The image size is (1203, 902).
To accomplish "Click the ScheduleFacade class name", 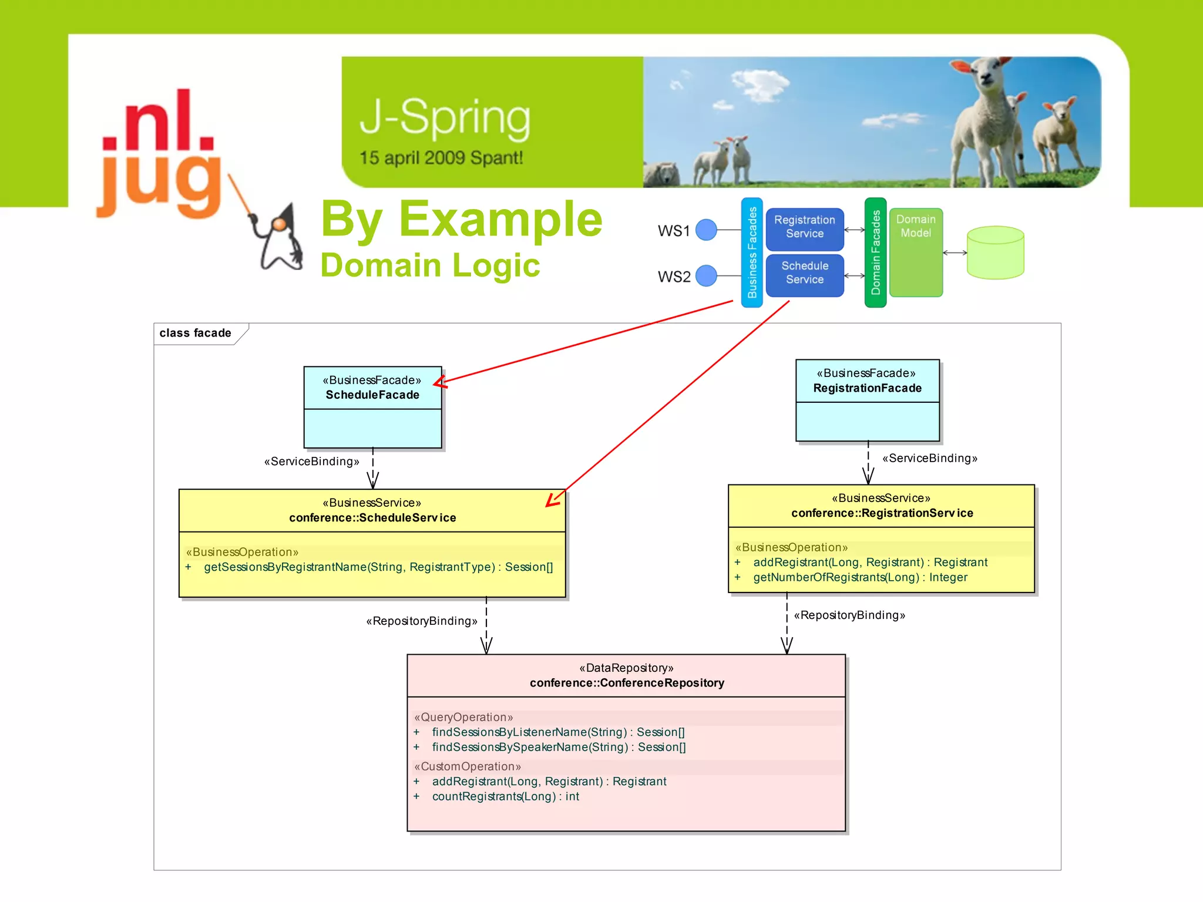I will pyautogui.click(x=372, y=395).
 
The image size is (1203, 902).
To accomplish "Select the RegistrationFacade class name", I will pyautogui.click(x=867, y=388).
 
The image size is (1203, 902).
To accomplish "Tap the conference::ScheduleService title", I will pyautogui.click(x=372, y=518).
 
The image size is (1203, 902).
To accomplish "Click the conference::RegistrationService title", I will pyautogui.click(x=882, y=513).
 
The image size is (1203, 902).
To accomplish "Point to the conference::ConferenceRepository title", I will pyautogui.click(x=627, y=683).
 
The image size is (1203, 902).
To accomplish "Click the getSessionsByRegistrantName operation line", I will pyautogui.click(x=378, y=567).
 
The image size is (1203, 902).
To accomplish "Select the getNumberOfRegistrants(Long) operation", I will pyautogui.click(x=860, y=578).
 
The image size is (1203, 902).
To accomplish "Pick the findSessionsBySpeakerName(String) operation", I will pyautogui.click(x=559, y=748).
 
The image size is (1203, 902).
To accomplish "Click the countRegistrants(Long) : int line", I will pyautogui.click(x=505, y=797).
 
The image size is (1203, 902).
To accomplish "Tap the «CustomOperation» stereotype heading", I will pyautogui.click(x=468, y=767).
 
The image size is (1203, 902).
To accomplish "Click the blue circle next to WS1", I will pyautogui.click(x=706, y=230).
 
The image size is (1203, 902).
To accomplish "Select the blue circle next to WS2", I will pyautogui.click(x=706, y=275).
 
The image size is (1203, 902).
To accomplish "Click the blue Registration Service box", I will pyautogui.click(x=804, y=227).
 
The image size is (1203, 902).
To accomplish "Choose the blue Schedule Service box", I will pyautogui.click(x=804, y=273).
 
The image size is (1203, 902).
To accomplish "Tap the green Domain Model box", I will pyautogui.click(x=916, y=253).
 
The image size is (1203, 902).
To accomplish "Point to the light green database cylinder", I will pyautogui.click(x=995, y=253).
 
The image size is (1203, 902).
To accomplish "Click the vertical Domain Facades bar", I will pyautogui.click(x=875, y=253).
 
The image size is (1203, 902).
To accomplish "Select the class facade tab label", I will pyautogui.click(x=196, y=334).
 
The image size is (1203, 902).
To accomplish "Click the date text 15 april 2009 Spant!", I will pyautogui.click(x=441, y=158).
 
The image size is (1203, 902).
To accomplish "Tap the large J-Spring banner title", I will pyautogui.click(x=445, y=118).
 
